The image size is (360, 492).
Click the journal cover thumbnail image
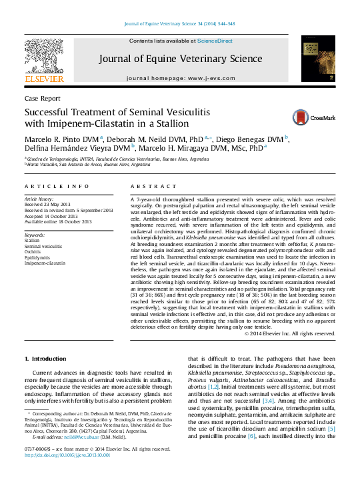317,57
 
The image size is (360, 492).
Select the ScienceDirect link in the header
215,41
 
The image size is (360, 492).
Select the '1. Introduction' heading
45,359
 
